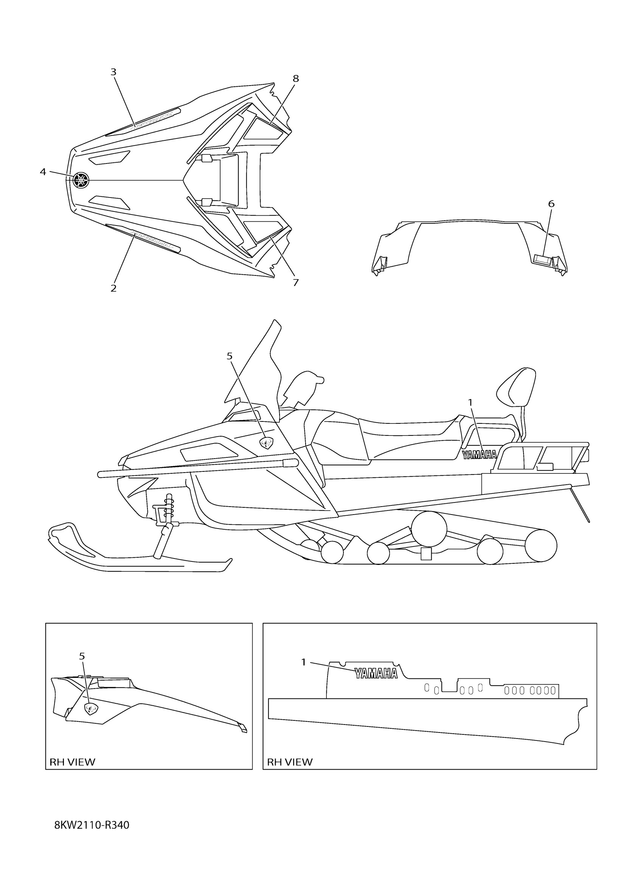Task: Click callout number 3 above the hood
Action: pos(113,72)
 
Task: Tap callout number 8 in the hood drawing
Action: pos(295,79)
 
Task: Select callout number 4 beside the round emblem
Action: pos(43,171)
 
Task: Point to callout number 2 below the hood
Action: pos(113,288)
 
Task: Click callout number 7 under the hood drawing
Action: pos(295,282)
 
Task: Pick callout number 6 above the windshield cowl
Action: pos(551,204)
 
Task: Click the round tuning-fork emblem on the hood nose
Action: pos(81,180)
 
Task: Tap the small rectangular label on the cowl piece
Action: pos(542,258)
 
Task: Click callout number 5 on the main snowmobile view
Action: pos(229,356)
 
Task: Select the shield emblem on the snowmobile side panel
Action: pos(267,443)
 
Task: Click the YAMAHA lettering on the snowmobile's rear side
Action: pos(479,454)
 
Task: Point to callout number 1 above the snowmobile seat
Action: pos(471,402)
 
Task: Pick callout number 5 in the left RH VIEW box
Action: pos(82,656)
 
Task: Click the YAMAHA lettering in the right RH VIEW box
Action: pos(376,673)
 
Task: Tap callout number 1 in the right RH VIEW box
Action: pos(303,662)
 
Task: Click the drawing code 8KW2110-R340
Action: pos(92,825)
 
